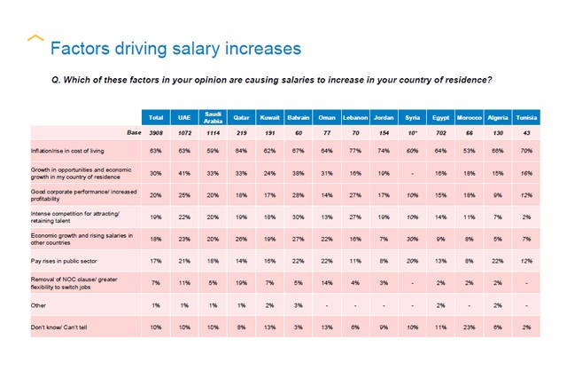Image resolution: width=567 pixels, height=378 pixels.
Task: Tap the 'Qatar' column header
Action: [x=242, y=117]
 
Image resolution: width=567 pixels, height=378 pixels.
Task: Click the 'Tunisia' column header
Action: [x=524, y=117]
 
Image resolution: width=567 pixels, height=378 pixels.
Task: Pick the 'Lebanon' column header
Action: [x=355, y=117]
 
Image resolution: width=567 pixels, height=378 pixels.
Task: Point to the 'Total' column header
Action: [x=156, y=117]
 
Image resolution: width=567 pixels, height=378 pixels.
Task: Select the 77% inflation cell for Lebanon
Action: [x=355, y=152]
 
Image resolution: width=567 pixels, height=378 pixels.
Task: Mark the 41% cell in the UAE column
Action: [x=184, y=173]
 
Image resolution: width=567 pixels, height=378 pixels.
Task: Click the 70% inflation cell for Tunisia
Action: [x=524, y=152]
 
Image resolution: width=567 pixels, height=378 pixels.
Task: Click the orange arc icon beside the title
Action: [x=35, y=38]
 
